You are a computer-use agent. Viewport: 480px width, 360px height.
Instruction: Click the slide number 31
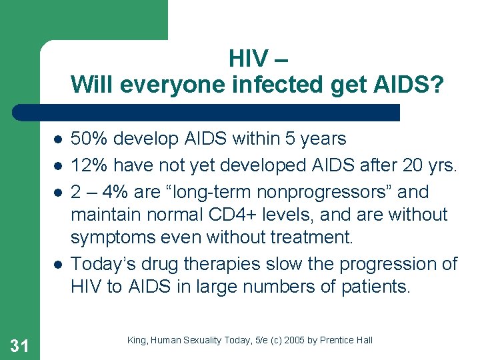coord(20,345)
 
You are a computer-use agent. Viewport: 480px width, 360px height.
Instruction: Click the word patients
coord(387,287)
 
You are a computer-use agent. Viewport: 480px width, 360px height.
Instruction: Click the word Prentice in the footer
coord(340,341)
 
